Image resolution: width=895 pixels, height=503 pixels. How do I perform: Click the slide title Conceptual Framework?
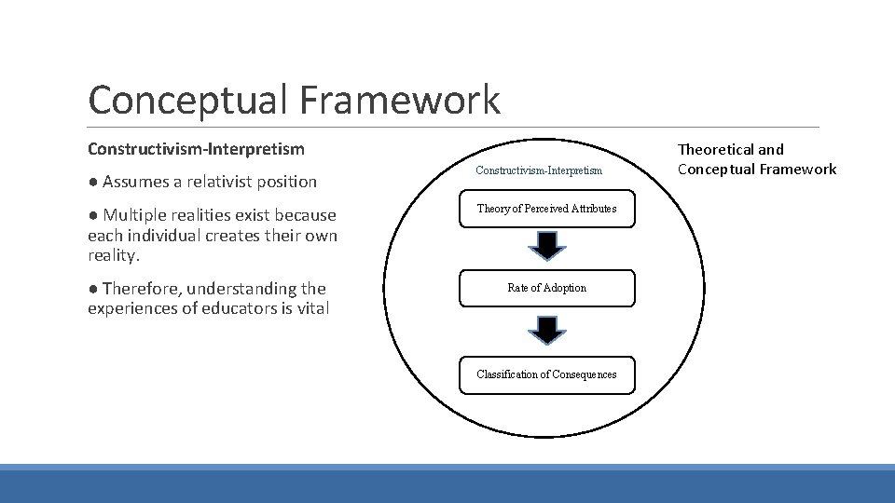(x=294, y=100)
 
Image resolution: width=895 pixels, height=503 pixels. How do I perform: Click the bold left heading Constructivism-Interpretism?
(x=196, y=149)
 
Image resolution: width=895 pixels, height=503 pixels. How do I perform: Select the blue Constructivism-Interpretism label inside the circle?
(x=539, y=170)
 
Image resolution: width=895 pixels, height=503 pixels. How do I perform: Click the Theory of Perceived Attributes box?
(x=547, y=209)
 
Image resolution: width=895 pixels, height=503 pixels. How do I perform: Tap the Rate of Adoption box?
(x=547, y=288)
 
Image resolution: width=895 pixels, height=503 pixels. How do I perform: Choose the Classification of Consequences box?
(x=547, y=374)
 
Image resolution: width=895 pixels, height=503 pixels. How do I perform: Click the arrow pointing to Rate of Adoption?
(x=547, y=246)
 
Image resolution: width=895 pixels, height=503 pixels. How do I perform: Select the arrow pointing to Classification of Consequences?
(x=547, y=330)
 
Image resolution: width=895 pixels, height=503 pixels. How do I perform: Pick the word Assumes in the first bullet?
(x=134, y=182)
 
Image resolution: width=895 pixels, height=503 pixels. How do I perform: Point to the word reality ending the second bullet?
(x=112, y=255)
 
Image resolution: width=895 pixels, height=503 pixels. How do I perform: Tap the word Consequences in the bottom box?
(x=583, y=374)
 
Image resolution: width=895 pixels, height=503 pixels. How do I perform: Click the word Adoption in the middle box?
(x=567, y=288)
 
